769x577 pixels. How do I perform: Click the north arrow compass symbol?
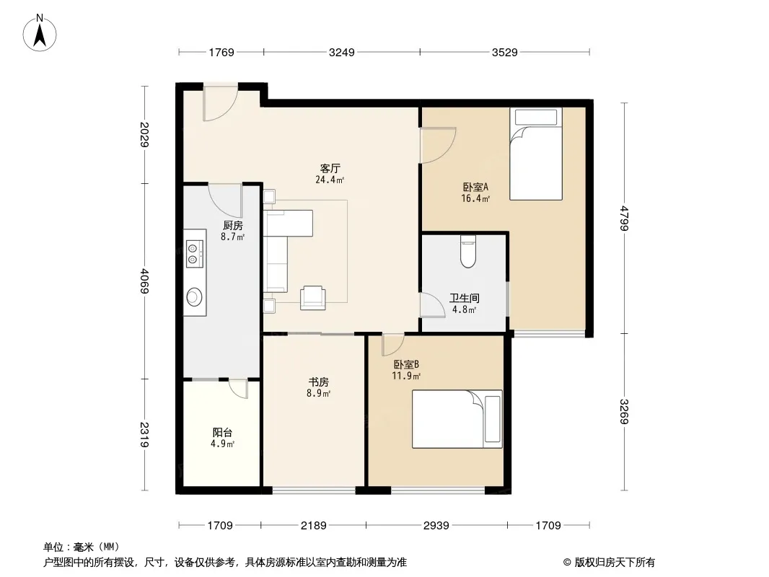pyautogui.click(x=40, y=33)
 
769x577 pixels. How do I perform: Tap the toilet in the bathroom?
pyautogui.click(x=468, y=252)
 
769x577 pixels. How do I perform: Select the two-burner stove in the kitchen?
pyautogui.click(x=194, y=253)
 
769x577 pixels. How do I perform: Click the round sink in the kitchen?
pyautogui.click(x=194, y=296)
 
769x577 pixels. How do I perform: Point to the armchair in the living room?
pyautogui.click(x=313, y=298)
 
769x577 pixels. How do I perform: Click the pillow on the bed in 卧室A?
pyautogui.click(x=535, y=117)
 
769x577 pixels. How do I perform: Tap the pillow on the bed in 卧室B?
pyautogui.click(x=493, y=418)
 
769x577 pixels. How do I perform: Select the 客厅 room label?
pyautogui.click(x=330, y=168)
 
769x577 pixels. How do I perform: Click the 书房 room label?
pyautogui.click(x=318, y=382)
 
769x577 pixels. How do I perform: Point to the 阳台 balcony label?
pyautogui.click(x=222, y=432)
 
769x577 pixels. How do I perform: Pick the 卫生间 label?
pyautogui.click(x=465, y=298)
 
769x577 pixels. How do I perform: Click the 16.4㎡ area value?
pyautogui.click(x=475, y=198)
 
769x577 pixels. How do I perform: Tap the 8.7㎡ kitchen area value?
pyautogui.click(x=232, y=237)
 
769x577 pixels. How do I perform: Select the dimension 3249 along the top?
pyautogui.click(x=341, y=52)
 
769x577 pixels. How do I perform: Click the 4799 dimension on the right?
pyautogui.click(x=624, y=218)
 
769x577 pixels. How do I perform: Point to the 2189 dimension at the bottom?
pyautogui.click(x=313, y=526)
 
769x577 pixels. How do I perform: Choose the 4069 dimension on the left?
pyautogui.click(x=144, y=281)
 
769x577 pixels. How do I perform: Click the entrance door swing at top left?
pyautogui.click(x=220, y=104)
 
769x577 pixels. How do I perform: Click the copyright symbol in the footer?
pyautogui.click(x=567, y=563)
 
